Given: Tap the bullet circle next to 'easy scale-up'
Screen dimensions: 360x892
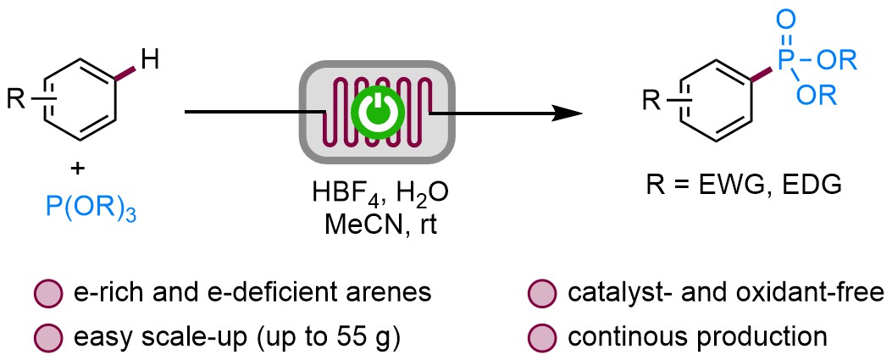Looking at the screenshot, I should (47, 336).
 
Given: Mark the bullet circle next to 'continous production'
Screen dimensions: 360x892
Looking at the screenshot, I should (540, 336).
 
